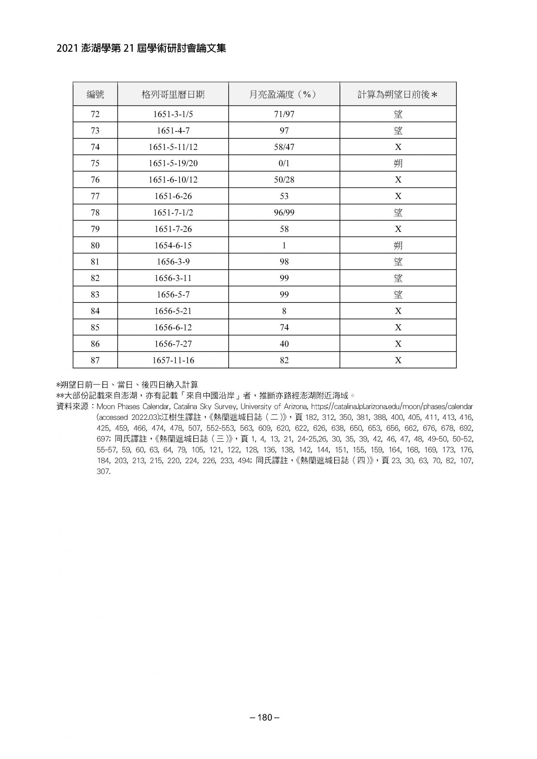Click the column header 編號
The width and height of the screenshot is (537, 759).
coord(95,94)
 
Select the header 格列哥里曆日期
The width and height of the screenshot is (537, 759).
coord(173,94)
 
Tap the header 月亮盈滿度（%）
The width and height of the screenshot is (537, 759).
coord(284,94)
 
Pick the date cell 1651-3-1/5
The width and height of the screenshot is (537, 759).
coord(173,114)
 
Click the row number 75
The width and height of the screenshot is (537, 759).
coord(95,163)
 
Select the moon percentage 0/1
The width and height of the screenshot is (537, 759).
coord(284,163)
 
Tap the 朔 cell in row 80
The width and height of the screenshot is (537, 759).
coord(398,245)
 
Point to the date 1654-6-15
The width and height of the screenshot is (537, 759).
coord(173,245)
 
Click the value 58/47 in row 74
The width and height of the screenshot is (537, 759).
coord(284,147)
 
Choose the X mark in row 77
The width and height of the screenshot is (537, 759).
coord(398,196)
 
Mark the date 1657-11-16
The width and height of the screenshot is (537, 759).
coord(173,360)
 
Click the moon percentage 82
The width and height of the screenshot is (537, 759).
coord(284,360)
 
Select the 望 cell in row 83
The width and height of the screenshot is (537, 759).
coord(398,294)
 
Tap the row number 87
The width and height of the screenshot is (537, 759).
coord(95,360)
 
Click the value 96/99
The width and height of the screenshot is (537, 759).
coord(284,212)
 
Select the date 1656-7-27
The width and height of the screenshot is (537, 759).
coord(173,344)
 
